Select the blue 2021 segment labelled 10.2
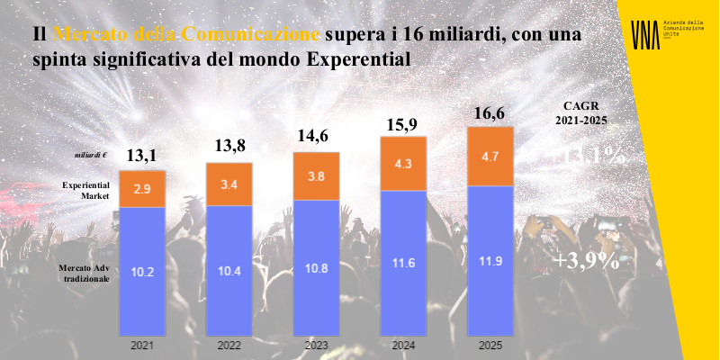(142, 270)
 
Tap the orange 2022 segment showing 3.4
(229, 184)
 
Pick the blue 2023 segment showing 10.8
(316, 267)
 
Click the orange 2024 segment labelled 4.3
(403, 165)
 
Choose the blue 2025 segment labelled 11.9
(490, 261)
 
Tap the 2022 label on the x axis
(229, 345)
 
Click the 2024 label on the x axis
(403, 345)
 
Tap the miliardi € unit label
(91, 156)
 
